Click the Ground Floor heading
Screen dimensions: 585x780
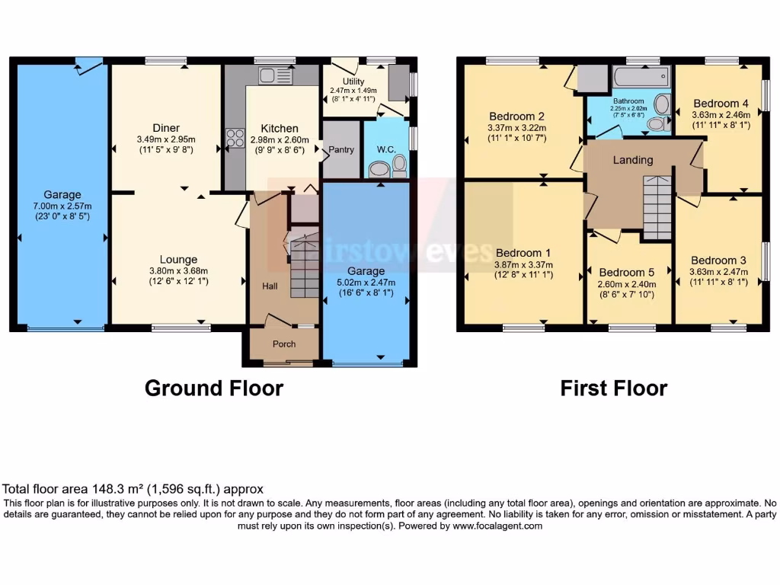click(x=213, y=388)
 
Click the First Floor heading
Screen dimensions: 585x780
click(x=613, y=388)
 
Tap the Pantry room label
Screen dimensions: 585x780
click(x=340, y=150)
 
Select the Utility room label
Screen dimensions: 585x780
click(x=353, y=82)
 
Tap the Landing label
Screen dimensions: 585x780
click(x=633, y=160)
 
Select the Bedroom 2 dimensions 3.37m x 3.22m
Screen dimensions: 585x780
click(x=517, y=128)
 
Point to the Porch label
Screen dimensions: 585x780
click(x=284, y=344)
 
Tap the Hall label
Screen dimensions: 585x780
click(x=270, y=286)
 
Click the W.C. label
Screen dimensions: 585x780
click(x=385, y=150)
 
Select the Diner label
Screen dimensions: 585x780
click(x=165, y=128)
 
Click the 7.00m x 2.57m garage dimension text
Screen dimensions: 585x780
click(x=62, y=206)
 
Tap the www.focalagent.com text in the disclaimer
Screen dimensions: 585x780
click(x=497, y=526)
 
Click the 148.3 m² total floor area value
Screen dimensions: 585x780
click(x=112, y=489)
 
